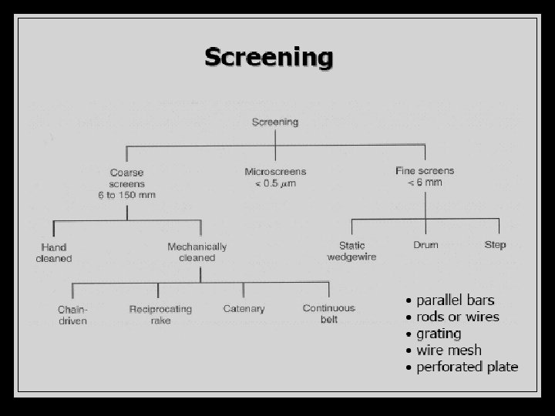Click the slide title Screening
[268, 57]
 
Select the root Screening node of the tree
[275, 122]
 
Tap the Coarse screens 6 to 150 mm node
[126, 183]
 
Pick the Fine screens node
[425, 176]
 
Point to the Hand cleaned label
[54, 253]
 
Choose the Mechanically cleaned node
[197, 253]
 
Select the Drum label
[425, 245]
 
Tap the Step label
[495, 245]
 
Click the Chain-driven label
[72, 315]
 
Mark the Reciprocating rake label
[161, 315]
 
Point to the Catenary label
[244, 309]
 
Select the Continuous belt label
[329, 314]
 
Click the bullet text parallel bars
[455, 300]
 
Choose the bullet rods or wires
[457, 317]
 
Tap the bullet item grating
[439, 334]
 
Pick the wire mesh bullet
[449, 351]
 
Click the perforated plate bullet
[467, 367]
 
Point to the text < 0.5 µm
[275, 183]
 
